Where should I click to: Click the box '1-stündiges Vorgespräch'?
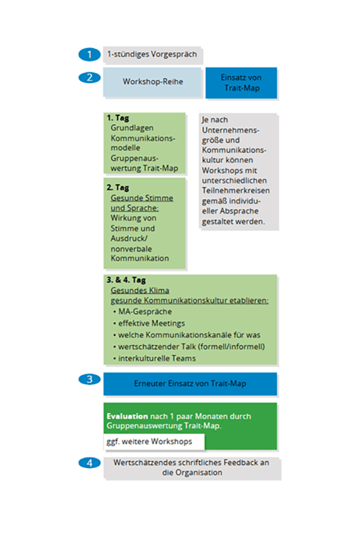tap(153, 55)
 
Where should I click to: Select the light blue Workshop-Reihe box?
tap(152, 82)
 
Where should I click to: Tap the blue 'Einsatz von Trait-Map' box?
tap(241, 82)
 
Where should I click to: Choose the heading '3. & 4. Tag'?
tap(126, 280)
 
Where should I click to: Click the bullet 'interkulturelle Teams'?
tap(157, 358)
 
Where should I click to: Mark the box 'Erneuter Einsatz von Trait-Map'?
tap(190, 383)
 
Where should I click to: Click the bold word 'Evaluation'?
tap(127, 416)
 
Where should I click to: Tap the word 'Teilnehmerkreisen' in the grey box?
tap(235, 191)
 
